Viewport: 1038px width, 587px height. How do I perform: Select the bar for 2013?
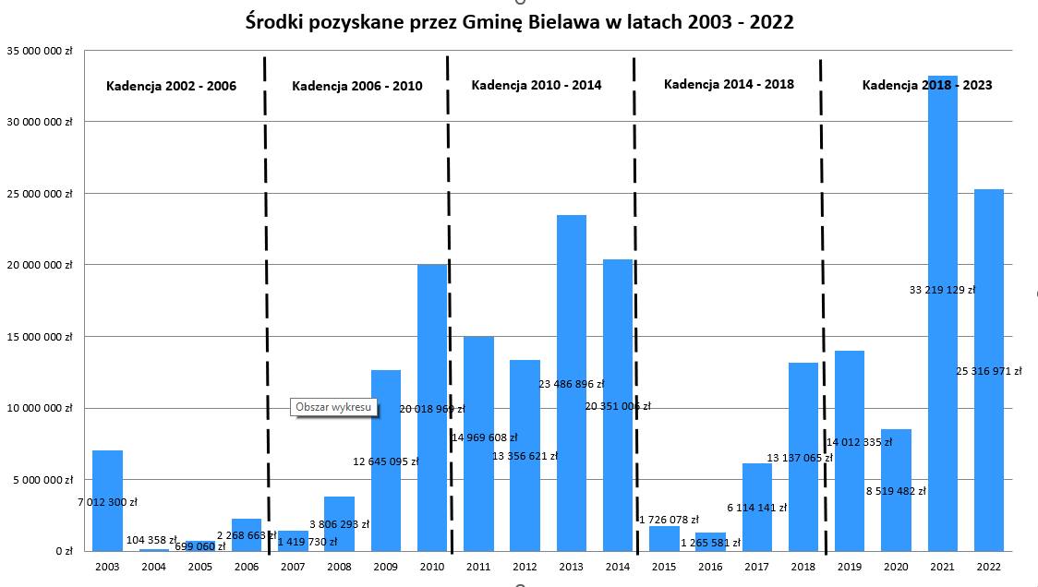(x=571, y=305)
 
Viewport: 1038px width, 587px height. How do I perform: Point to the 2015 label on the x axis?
(x=664, y=567)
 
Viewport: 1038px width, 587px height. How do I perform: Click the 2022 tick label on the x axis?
(x=988, y=567)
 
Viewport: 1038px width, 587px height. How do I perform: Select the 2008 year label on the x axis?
(x=339, y=567)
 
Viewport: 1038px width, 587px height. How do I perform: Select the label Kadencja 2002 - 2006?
(x=171, y=86)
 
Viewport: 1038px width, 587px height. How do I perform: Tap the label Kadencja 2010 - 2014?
(x=536, y=85)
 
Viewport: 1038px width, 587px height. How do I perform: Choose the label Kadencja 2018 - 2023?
(x=927, y=85)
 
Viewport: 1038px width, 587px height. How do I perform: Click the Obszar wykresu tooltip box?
(x=333, y=406)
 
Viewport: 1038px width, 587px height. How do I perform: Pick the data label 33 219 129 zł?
(x=942, y=290)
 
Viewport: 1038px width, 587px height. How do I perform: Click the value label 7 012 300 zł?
(x=107, y=502)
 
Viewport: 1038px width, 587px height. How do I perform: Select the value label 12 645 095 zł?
(x=385, y=461)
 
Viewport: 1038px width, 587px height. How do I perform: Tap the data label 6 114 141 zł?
(x=756, y=508)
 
